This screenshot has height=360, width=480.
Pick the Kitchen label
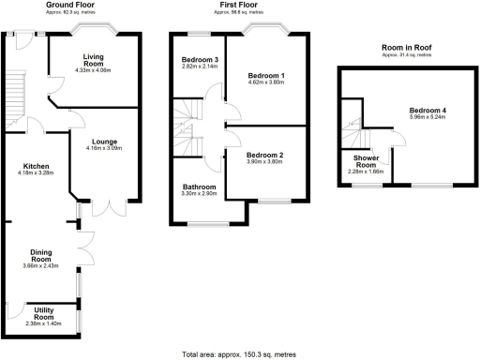pos(37,164)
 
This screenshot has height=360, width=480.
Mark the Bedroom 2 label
pos(263,154)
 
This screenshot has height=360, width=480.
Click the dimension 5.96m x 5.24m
pos(430,117)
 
